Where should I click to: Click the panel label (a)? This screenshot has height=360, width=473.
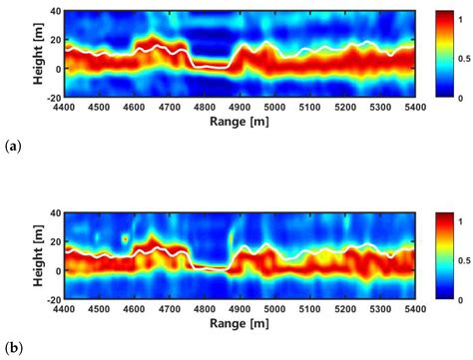(12, 147)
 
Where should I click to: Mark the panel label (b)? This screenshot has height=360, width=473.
(12, 349)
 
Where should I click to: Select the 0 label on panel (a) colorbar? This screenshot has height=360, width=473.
(454, 98)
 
